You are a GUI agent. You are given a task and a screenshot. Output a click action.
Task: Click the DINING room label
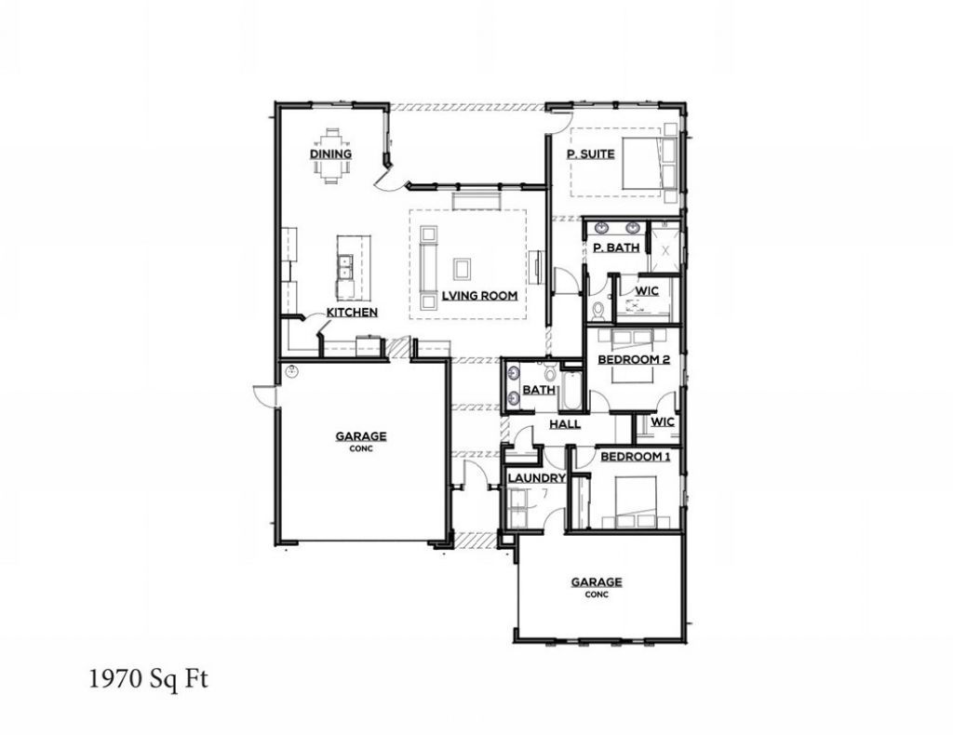point(330,154)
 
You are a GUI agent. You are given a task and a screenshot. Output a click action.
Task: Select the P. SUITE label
point(591,154)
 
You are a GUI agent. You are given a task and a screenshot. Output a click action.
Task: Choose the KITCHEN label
point(351,313)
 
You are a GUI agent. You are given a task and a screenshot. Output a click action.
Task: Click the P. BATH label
point(614,247)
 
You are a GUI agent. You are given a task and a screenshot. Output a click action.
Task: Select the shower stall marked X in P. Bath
point(665,247)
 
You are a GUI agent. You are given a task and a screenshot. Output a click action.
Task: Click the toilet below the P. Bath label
point(597,310)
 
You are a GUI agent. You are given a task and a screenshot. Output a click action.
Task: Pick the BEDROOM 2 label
point(634,359)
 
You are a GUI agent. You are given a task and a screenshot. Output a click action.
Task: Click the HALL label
point(565,424)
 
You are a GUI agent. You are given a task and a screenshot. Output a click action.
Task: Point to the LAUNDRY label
point(536,478)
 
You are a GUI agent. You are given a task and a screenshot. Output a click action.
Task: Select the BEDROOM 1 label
point(634,457)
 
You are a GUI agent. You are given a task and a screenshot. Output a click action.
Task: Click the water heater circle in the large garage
point(291,372)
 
